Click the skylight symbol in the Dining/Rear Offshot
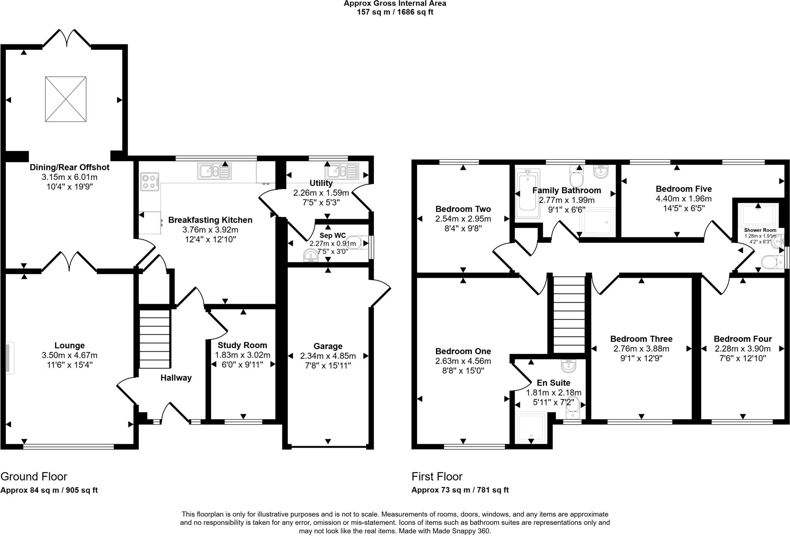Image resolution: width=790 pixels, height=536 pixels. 66,99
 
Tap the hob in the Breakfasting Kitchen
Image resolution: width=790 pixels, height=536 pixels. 150,181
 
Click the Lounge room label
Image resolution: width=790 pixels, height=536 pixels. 69,345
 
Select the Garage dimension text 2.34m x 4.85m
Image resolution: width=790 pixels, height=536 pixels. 328,356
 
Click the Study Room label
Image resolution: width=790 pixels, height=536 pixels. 242,345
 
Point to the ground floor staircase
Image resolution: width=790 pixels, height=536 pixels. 154,338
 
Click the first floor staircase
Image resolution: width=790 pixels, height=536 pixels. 569,314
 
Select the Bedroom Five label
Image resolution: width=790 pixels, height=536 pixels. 684,189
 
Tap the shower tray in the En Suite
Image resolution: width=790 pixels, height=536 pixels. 531,427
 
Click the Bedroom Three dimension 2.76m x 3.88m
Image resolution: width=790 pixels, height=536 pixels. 641,348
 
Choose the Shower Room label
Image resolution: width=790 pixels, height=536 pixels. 760,230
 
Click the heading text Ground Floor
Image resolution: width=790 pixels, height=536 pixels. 34,476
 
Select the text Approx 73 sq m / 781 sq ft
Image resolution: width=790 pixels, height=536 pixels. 460,490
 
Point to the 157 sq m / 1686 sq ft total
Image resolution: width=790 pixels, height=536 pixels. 395,12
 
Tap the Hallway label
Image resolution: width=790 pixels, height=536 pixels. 176,378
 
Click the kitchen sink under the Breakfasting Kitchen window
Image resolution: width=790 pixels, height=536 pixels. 214,171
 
